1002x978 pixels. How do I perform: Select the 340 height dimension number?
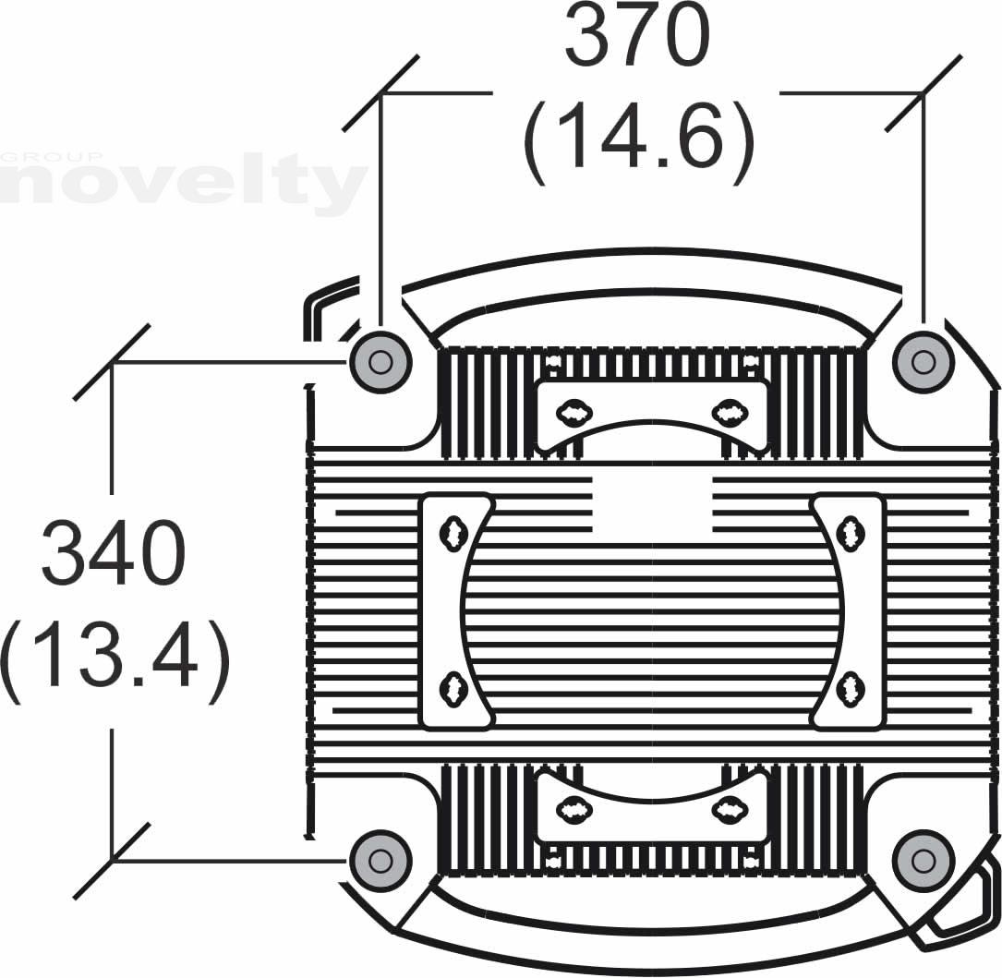114,553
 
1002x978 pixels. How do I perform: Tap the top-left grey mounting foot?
380,362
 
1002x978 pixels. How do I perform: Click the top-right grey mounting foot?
923,362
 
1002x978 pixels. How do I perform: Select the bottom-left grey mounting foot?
380,861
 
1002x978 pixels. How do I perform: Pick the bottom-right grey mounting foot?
923,861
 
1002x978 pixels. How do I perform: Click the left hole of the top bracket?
570,413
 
